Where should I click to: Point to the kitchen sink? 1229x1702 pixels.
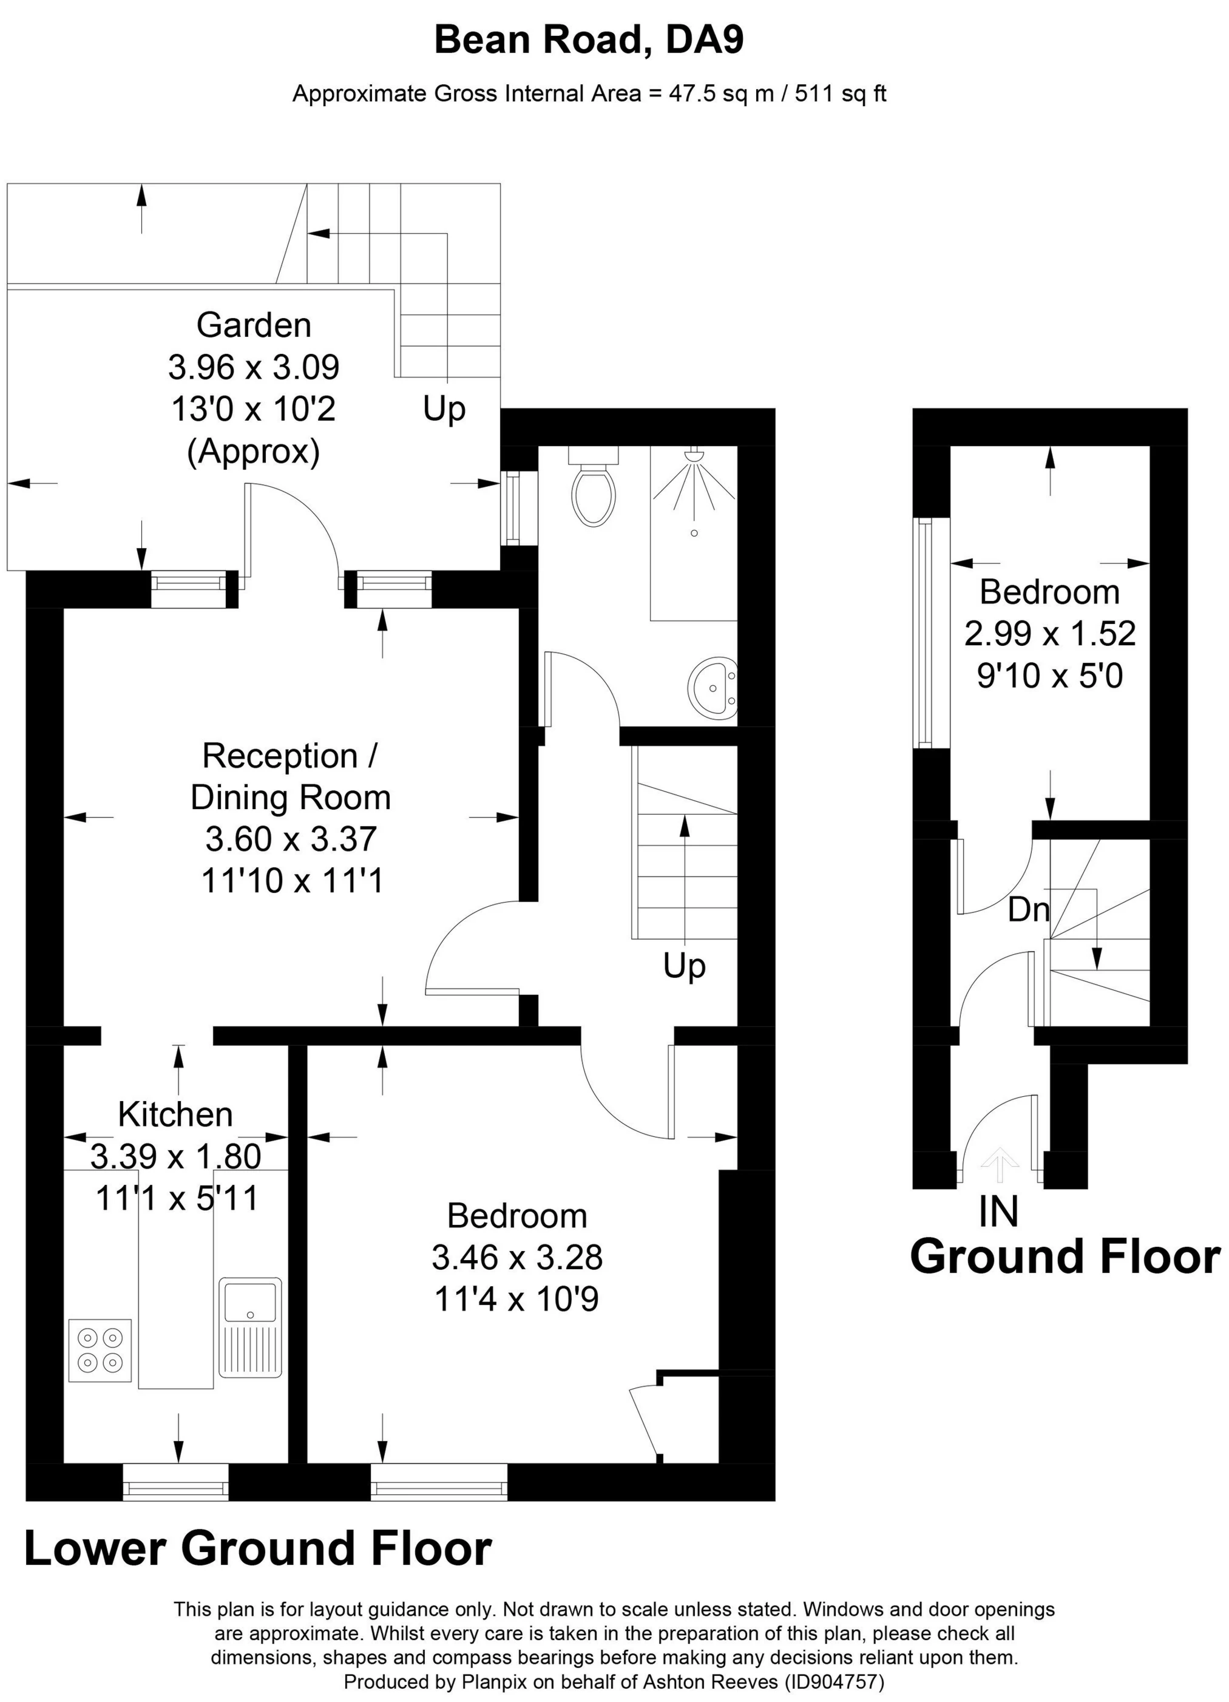pos(251,1327)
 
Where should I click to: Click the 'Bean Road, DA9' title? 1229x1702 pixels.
pos(589,40)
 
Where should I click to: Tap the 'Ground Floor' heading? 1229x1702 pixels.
pos(1065,1257)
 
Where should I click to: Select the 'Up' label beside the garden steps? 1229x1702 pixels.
pos(444,410)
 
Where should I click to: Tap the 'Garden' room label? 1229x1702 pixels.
pos(254,325)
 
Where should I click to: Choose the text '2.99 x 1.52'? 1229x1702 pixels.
pos(1050,634)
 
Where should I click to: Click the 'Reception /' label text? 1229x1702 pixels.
pos(289,756)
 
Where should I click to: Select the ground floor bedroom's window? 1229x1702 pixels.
pos(924,632)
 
